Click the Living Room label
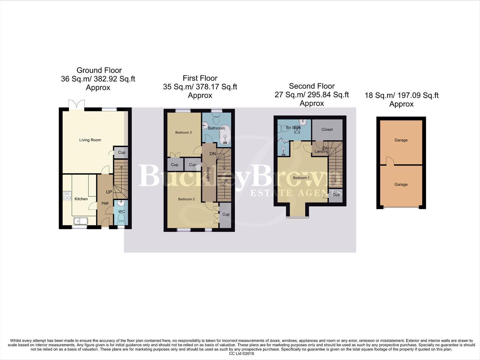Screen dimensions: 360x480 (x=90, y=140)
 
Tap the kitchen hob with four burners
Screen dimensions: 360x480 (x=67, y=196)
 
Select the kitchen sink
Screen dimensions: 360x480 (x=80, y=221)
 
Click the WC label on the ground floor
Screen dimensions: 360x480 (x=122, y=212)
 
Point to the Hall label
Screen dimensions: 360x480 (x=105, y=203)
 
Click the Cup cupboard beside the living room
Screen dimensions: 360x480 (x=122, y=152)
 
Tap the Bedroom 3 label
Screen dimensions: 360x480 (x=184, y=133)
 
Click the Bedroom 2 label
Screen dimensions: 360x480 (x=186, y=199)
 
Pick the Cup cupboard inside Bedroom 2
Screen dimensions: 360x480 (x=226, y=214)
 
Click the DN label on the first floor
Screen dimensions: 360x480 (x=213, y=154)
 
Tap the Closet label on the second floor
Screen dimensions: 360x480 (x=327, y=129)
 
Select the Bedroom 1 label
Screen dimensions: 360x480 (x=301, y=178)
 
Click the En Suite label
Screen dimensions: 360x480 (x=293, y=128)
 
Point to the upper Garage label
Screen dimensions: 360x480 (x=401, y=140)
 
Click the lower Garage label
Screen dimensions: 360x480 (x=401, y=184)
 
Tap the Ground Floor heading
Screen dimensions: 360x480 (x=99, y=70)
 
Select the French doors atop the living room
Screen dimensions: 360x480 (x=76, y=104)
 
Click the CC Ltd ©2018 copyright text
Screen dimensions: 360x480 (x=241, y=354)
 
